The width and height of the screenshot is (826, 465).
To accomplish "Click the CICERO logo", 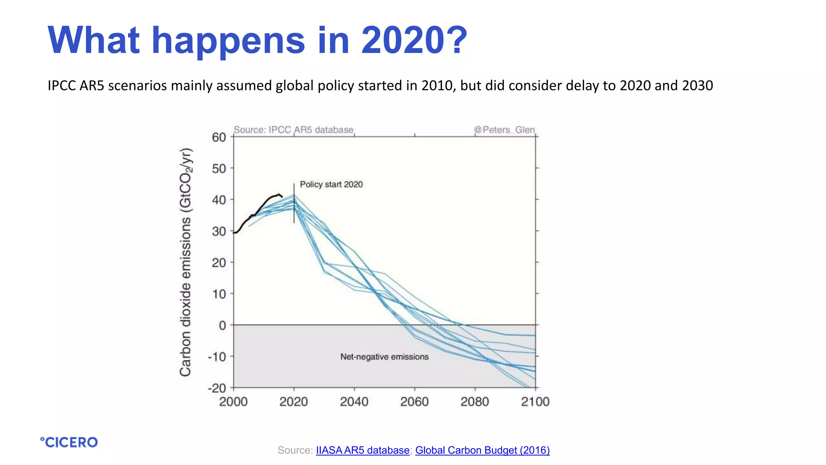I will coord(69,442).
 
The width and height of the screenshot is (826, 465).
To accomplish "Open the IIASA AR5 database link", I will coord(362,450).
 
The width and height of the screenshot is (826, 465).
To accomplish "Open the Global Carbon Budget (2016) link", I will coord(482,450).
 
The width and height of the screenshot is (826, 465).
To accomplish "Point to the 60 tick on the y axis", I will coord(219,137).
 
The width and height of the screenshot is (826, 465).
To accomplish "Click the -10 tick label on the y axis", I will coord(217,357).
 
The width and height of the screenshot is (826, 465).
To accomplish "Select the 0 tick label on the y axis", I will coord(222,325).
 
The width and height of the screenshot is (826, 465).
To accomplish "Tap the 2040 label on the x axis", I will coord(354,402).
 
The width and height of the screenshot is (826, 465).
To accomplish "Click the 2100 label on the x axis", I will coord(535,402).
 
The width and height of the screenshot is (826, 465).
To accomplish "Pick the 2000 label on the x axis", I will coord(233,402).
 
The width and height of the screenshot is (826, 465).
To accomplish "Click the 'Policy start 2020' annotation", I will coord(331,184).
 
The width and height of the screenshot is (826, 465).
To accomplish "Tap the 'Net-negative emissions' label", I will coord(384,357).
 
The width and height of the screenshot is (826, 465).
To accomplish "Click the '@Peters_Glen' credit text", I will coord(504,130).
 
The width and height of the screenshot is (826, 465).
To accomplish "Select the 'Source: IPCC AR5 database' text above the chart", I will coord(293,130).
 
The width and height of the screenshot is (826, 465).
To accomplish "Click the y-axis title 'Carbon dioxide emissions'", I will coord(186,262).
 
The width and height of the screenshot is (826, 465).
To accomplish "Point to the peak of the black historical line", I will coord(279,194).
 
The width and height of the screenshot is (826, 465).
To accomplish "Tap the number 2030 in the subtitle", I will coord(697,86).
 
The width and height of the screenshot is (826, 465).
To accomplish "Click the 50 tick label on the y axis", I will coord(219,169).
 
